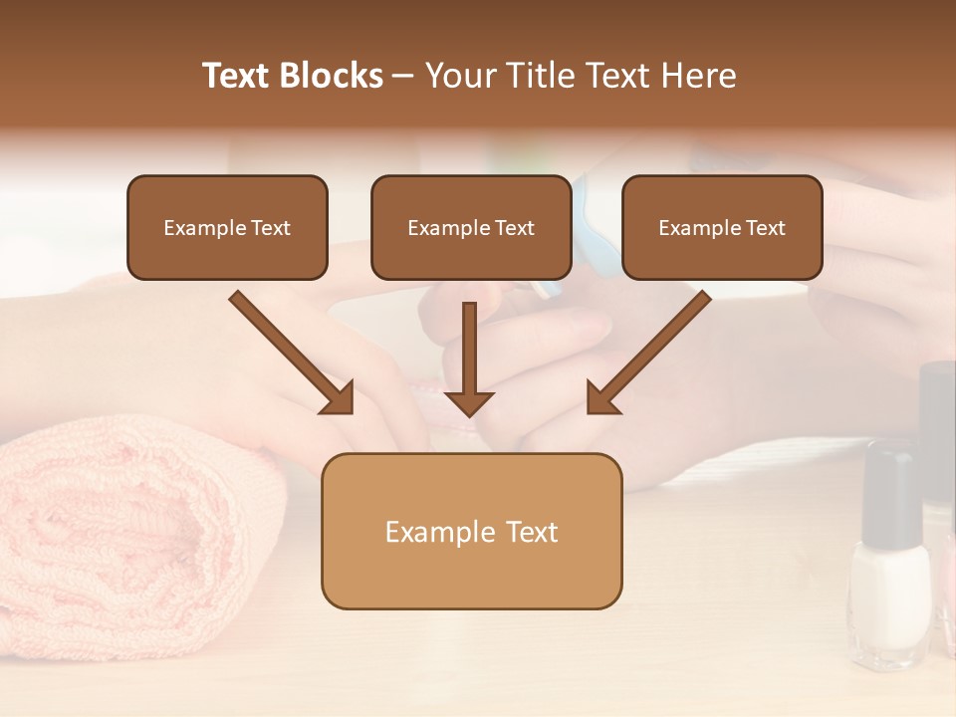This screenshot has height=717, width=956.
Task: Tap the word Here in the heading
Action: [x=699, y=76]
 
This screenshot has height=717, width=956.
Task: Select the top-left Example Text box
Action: [x=227, y=227]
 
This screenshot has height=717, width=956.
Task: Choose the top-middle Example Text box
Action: [x=471, y=227]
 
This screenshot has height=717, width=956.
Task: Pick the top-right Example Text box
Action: [x=722, y=227]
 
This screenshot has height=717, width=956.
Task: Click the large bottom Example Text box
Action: [x=471, y=532]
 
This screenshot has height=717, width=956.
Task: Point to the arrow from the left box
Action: [x=289, y=349]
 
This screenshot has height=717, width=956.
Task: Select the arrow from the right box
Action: [x=652, y=349]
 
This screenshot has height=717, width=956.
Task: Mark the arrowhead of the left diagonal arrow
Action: [x=339, y=397]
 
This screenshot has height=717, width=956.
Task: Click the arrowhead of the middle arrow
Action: [x=469, y=402]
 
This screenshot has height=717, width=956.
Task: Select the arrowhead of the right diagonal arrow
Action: [x=602, y=397]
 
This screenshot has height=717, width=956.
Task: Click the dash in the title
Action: [x=403, y=76]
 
